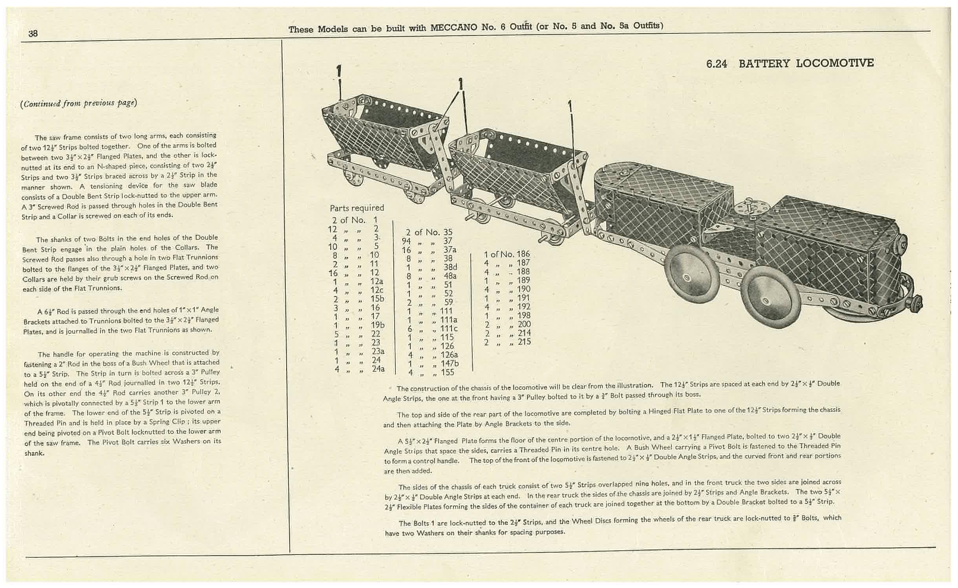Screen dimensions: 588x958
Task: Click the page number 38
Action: click(x=33, y=33)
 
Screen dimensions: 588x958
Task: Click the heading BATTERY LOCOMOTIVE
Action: click(x=806, y=64)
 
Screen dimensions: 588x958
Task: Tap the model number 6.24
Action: click(x=717, y=64)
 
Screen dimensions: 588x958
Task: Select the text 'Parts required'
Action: click(x=357, y=208)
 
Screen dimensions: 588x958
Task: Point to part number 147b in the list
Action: click(x=450, y=364)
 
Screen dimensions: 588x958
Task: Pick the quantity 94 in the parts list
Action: click(x=406, y=241)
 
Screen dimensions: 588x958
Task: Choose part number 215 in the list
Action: click(x=524, y=342)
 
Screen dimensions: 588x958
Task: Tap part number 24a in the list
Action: click(x=378, y=369)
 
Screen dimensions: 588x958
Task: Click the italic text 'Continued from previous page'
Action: click(x=79, y=103)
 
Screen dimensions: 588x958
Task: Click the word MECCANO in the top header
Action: click(x=454, y=28)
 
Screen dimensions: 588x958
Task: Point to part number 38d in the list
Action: click(x=450, y=267)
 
